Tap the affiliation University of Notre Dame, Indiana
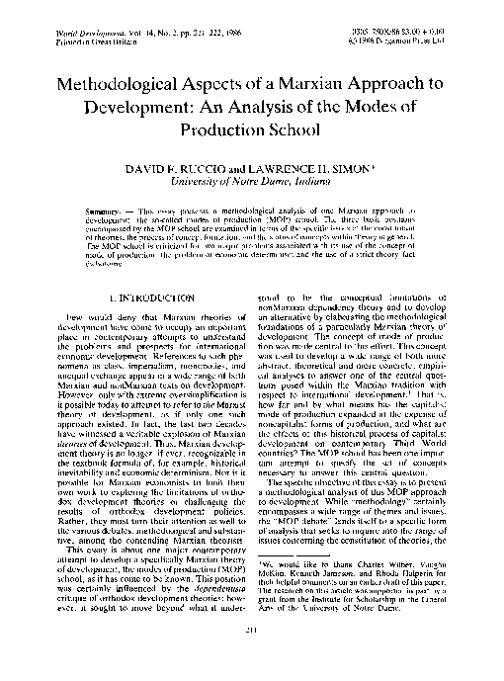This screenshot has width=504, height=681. tap(251, 183)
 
